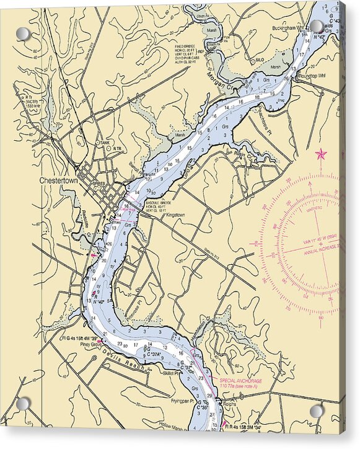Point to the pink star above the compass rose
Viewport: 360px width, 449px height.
pyautogui.click(x=321, y=154)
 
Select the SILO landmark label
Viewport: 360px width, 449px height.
pyautogui.click(x=259, y=60)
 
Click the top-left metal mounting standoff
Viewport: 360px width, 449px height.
pyautogui.click(x=23, y=33)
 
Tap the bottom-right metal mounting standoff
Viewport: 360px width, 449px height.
pyautogui.click(x=317, y=411)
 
